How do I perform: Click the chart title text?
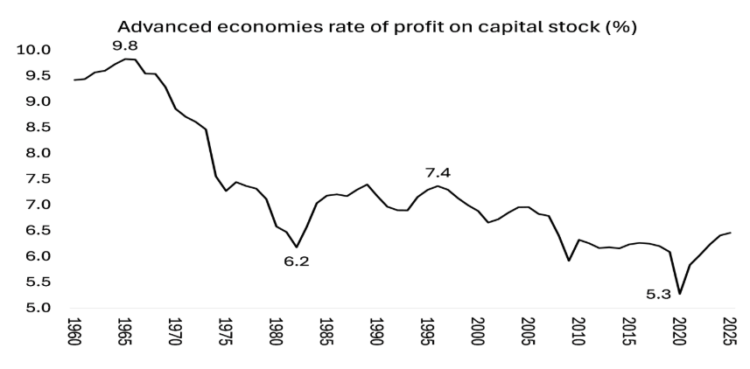click(376, 26)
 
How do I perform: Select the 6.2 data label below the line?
click(297, 261)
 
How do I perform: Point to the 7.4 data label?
click(438, 172)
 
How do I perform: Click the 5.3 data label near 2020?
click(658, 295)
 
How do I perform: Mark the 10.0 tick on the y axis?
click(34, 50)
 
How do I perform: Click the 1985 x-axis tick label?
click(326, 336)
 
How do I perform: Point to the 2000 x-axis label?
click(478, 336)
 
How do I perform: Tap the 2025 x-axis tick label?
click(730, 336)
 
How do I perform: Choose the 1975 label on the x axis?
click(226, 336)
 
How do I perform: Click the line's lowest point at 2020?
click(680, 294)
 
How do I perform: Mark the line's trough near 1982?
click(297, 247)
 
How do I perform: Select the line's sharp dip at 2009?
click(569, 261)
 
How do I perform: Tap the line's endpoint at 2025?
click(730, 233)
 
